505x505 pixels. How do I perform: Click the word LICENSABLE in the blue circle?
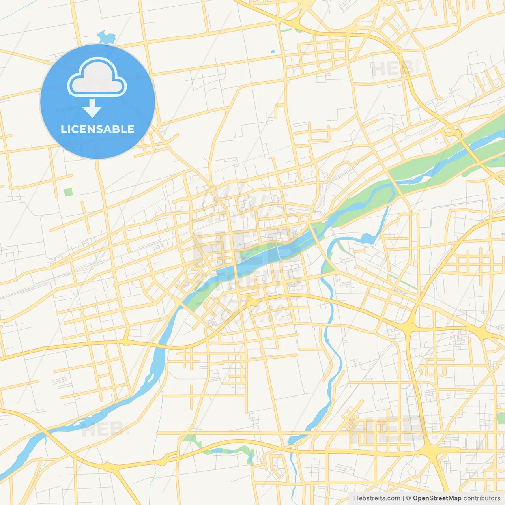click(x=97, y=129)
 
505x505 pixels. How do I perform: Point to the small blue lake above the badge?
click(x=106, y=37)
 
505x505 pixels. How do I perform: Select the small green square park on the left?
click(x=68, y=192)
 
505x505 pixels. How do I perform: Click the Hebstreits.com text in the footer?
click(x=377, y=498)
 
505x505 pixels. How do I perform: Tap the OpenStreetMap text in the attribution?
click(x=437, y=498)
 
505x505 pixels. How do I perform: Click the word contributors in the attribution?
click(x=482, y=498)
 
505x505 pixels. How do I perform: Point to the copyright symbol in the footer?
click(x=408, y=498)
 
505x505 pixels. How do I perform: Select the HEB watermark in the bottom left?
click(x=102, y=429)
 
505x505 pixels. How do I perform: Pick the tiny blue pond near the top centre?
click(x=273, y=52)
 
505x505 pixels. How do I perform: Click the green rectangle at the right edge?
click(x=501, y=418)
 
